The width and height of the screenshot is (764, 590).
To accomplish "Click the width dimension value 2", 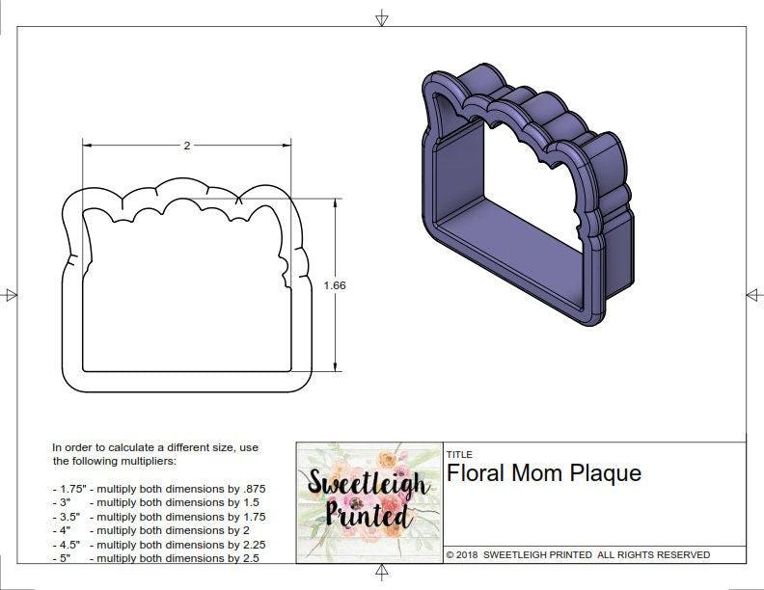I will tap(186, 146).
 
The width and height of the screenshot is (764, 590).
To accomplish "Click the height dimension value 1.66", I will tap(335, 285).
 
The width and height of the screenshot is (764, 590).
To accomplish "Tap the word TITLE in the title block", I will tap(459, 454).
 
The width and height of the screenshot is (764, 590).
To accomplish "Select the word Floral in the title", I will tap(474, 473).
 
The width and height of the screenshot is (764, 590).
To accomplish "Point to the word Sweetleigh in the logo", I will tap(368, 483).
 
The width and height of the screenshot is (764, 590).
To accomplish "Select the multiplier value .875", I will tap(253, 489).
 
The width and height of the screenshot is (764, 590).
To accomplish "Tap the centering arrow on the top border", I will tap(382, 17).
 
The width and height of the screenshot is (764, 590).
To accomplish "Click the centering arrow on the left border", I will tap(11, 295).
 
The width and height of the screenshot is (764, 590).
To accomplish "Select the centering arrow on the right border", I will tap(752, 295).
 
